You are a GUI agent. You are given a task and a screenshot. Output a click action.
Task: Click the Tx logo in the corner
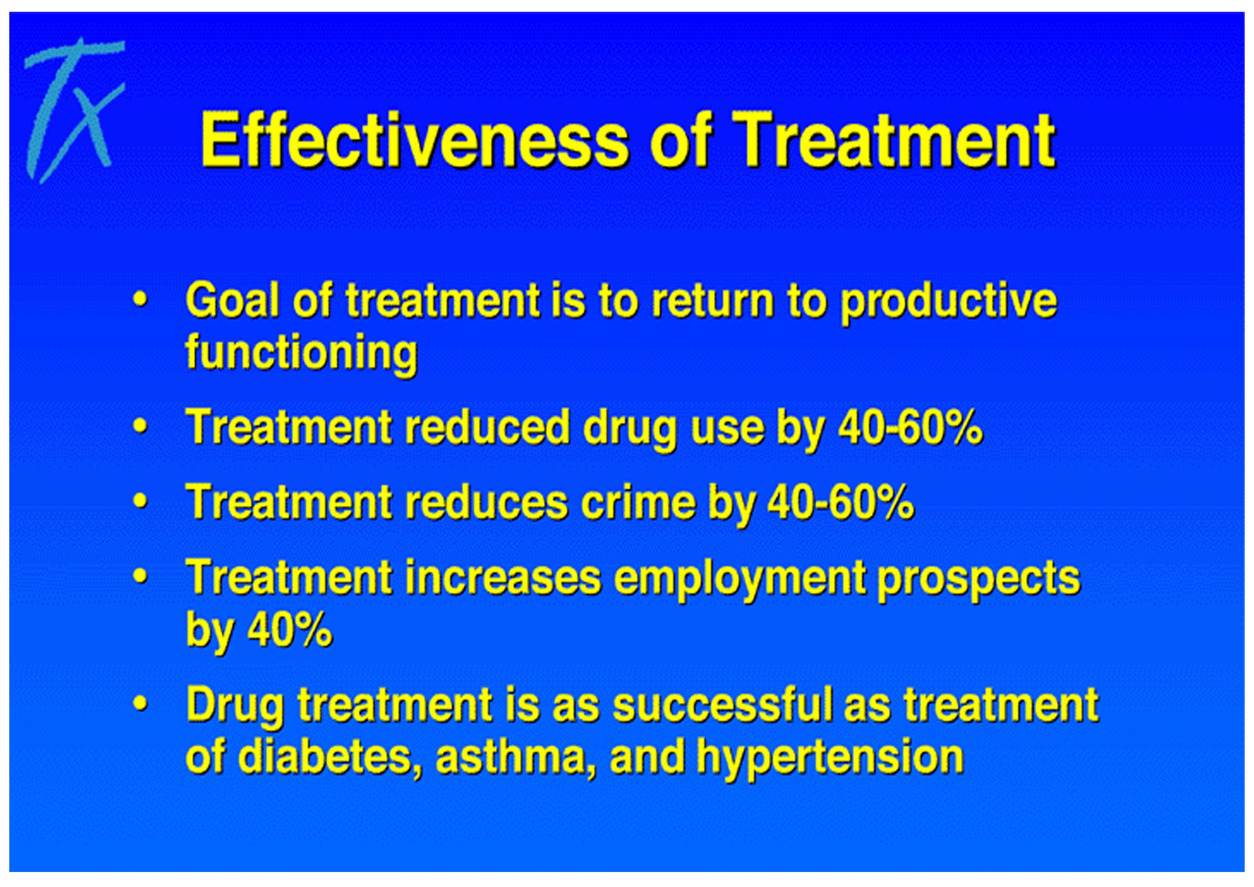tap(73, 109)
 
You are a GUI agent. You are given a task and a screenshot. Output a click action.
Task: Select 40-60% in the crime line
tap(841, 502)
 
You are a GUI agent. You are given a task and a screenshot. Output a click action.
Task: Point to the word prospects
tap(979, 581)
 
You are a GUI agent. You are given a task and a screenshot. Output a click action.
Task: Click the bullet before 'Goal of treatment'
tap(141, 301)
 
